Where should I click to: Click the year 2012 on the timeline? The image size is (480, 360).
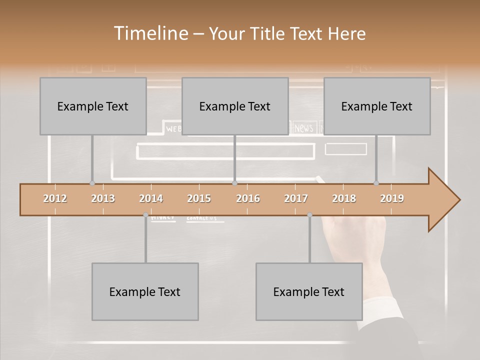(x=55, y=198)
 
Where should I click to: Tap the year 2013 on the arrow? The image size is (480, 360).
(x=103, y=198)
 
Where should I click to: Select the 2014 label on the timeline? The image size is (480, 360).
(x=151, y=198)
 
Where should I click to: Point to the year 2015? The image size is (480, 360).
(x=199, y=198)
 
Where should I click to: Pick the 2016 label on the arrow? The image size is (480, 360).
(x=248, y=198)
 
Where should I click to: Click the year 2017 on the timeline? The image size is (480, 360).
(x=296, y=198)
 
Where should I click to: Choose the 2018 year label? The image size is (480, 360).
(x=344, y=198)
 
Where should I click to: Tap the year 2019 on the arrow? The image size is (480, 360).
(x=392, y=198)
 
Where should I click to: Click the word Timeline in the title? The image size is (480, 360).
(x=150, y=33)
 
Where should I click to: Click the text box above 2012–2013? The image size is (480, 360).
(x=93, y=106)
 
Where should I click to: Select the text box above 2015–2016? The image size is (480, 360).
(x=235, y=106)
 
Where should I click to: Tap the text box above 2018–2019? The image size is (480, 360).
(x=377, y=106)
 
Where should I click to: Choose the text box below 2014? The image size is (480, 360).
(x=145, y=291)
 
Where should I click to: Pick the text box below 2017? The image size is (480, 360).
(x=309, y=291)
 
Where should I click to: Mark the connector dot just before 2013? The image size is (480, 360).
(x=92, y=183)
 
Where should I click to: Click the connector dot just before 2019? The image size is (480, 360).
(x=376, y=183)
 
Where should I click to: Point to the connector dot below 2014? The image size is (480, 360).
(x=145, y=215)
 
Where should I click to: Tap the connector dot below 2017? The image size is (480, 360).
(x=309, y=215)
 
